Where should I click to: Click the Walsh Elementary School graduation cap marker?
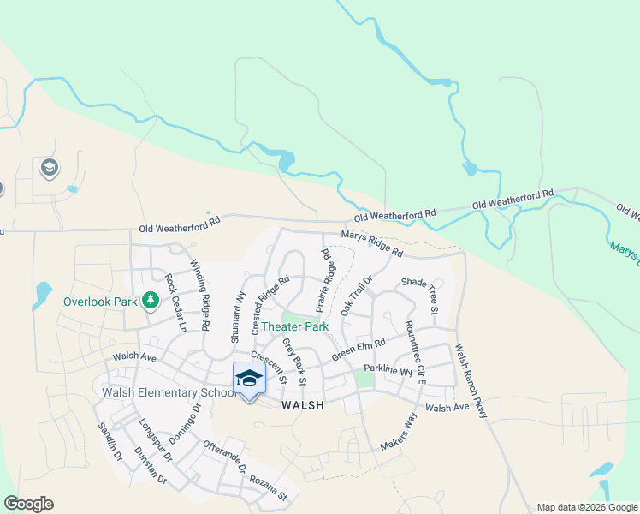point(249,378)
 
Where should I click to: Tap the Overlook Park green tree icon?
point(151,301)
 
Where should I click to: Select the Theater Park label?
point(294,326)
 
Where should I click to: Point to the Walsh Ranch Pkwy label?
point(471,381)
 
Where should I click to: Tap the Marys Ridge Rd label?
point(371,242)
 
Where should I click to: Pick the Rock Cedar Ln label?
point(175,302)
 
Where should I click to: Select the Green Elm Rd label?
point(359,350)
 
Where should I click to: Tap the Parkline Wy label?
point(388,369)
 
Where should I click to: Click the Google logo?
point(28,504)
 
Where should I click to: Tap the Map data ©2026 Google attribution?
point(587,507)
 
